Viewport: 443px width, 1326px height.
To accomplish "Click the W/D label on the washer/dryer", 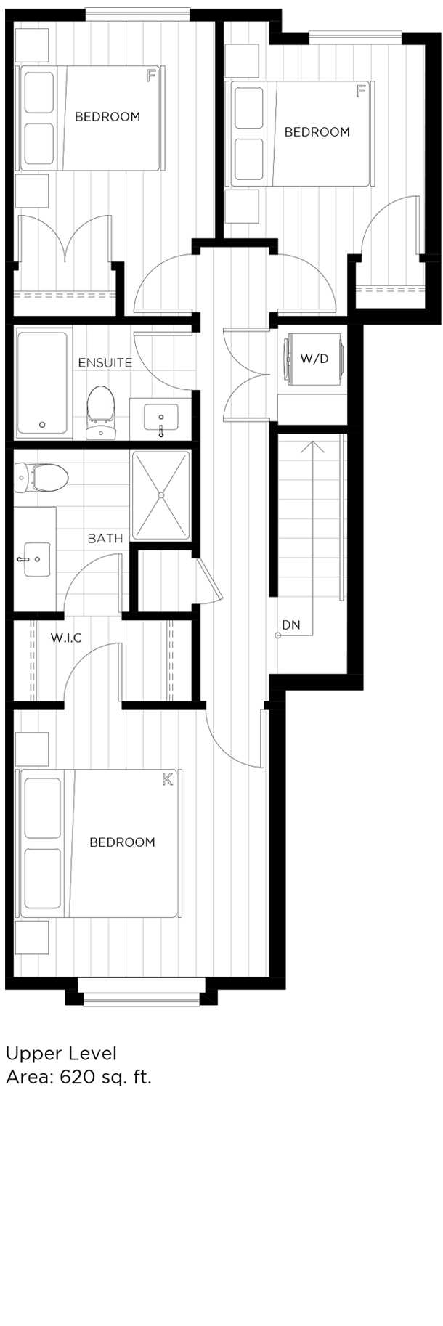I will pos(314,359).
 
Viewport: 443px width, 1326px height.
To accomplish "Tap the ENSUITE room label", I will pos(105,362).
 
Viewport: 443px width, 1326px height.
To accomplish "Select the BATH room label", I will pos(105,539).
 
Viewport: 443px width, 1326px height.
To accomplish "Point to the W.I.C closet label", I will pos(66,638).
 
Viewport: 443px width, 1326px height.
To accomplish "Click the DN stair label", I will pos(291,625).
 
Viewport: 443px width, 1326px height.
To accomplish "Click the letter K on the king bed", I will pos(168,780).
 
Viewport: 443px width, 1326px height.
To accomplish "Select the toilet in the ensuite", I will pos(101,412).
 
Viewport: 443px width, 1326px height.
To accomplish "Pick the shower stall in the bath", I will pos(161,495).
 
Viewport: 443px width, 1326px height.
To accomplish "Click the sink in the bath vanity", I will pos(36,560).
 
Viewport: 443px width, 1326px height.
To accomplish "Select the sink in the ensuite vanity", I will pos(161,420).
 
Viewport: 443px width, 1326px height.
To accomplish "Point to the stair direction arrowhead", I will pos(312,445).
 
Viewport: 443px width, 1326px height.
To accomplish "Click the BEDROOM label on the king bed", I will pos(122,842).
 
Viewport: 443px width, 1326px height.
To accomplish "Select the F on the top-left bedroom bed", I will pos(150,75).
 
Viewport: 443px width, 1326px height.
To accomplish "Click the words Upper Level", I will pos(61,1054).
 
